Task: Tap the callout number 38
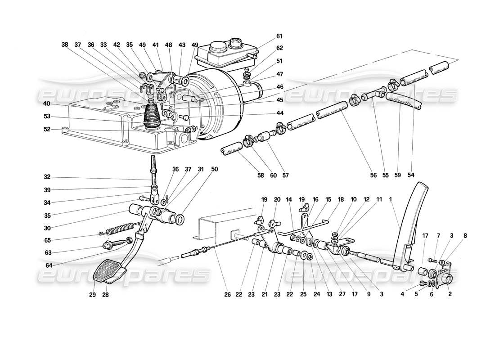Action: (x=65, y=45)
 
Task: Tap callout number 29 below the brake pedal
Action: (x=93, y=295)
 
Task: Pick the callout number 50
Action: (x=214, y=169)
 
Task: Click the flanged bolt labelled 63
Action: (x=110, y=246)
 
